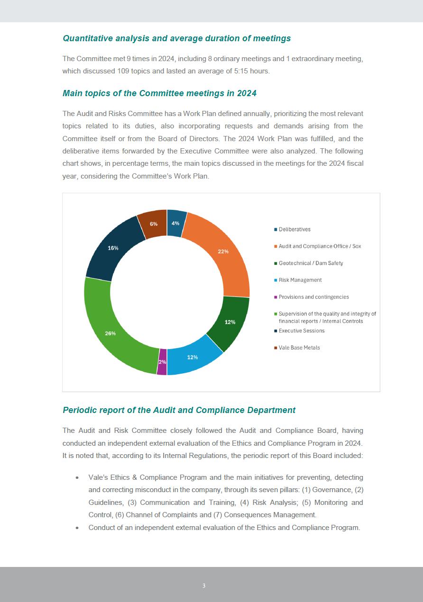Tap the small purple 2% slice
[x=162, y=362]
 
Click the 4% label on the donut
[x=175, y=223]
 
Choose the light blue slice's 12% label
[x=193, y=357]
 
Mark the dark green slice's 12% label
[x=230, y=322]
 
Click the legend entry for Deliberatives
[x=294, y=229]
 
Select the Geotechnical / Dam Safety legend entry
[x=311, y=263]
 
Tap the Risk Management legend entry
[x=300, y=280]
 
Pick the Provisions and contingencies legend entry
[x=313, y=297]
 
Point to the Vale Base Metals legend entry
[x=299, y=348]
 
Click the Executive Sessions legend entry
[x=302, y=331]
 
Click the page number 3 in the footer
[x=204, y=586]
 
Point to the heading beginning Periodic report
[x=179, y=410]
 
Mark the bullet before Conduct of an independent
[x=77, y=528]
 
